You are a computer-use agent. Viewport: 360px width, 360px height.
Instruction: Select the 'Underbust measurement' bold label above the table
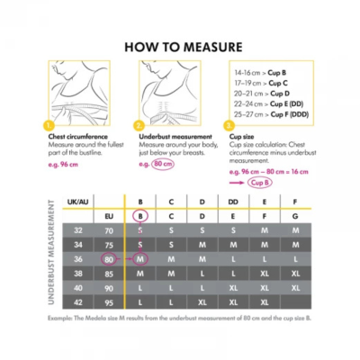(x=168, y=138)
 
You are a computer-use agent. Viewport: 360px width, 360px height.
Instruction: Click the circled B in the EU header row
(x=139, y=216)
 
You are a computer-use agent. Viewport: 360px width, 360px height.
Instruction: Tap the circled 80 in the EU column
(x=108, y=259)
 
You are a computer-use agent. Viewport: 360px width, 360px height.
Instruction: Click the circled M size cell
(x=139, y=259)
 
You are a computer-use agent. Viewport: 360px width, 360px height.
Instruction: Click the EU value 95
(x=108, y=302)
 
